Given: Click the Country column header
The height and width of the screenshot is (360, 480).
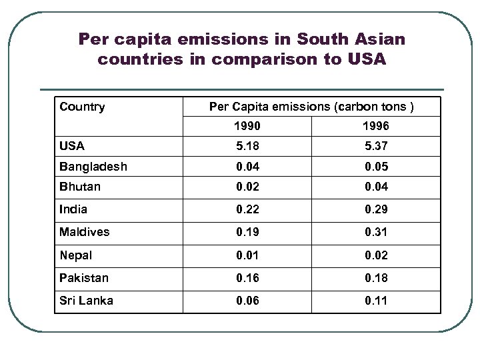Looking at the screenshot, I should coord(82,107).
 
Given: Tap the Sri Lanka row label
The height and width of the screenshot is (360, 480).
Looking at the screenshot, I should coord(86,300).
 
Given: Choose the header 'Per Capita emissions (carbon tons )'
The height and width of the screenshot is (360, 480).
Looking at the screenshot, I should coord(315,107).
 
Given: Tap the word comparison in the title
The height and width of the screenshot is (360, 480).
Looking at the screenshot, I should coord(271,59).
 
